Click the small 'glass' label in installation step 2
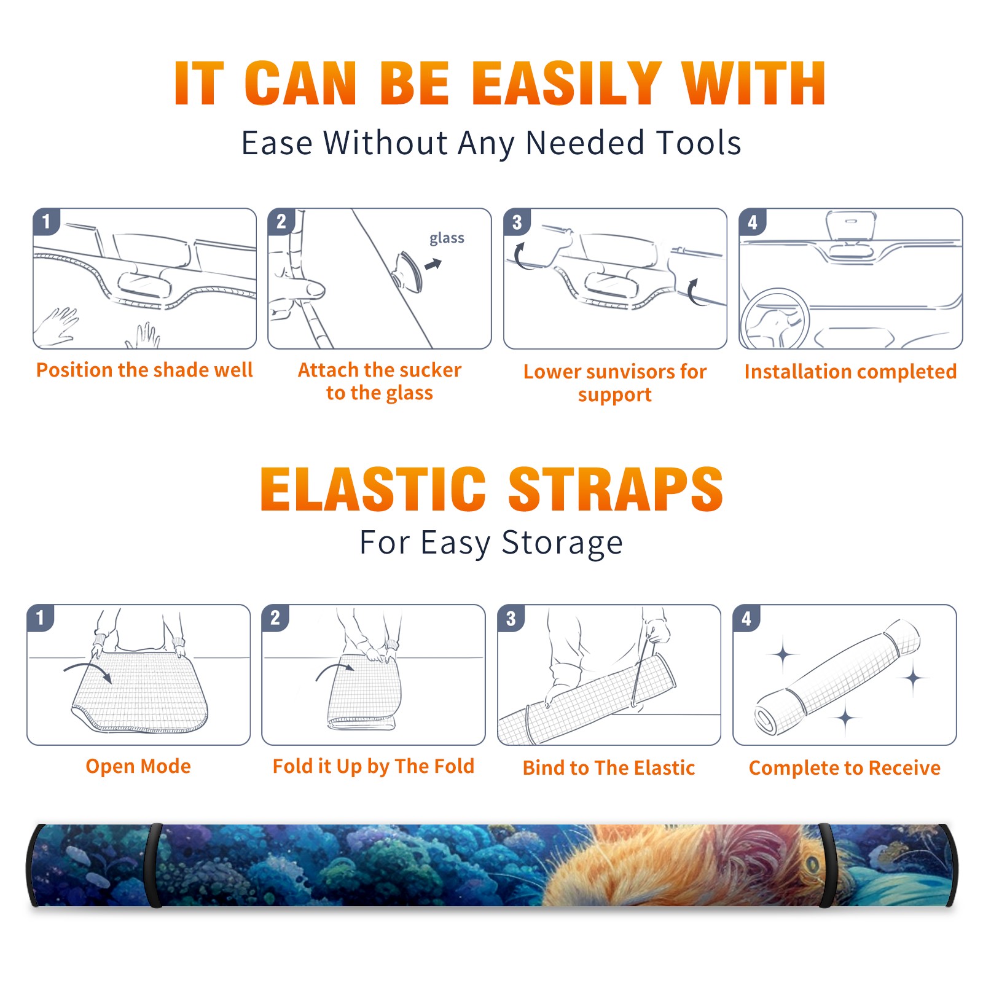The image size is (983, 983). click(447, 238)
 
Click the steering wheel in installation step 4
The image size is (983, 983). click(775, 319)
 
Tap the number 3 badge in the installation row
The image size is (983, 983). click(517, 222)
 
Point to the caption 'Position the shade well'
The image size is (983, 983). click(144, 370)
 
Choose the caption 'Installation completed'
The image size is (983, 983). click(850, 371)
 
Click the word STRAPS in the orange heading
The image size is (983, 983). click(616, 489)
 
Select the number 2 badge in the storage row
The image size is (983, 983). click(275, 617)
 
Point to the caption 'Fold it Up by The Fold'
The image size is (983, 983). click(374, 766)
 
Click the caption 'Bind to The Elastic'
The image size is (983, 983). click(609, 767)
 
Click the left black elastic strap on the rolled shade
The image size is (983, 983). click(153, 865)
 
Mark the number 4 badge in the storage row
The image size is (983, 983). click(746, 618)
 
